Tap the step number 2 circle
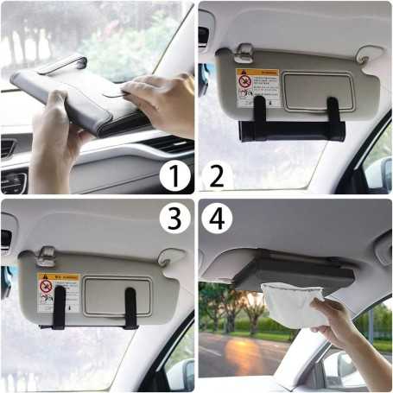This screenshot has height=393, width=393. (216, 177)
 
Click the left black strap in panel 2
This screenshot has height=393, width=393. (259, 113)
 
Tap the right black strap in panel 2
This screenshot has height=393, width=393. (333, 112)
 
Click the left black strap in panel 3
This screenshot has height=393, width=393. (60, 307)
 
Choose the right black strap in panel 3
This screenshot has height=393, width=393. (130, 307)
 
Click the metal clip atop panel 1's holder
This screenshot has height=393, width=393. (63, 65)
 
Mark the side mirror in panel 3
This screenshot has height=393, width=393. (180, 372)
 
